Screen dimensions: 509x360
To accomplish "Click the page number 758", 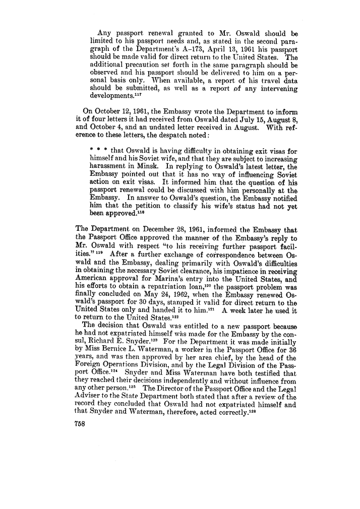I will coord(82,424).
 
